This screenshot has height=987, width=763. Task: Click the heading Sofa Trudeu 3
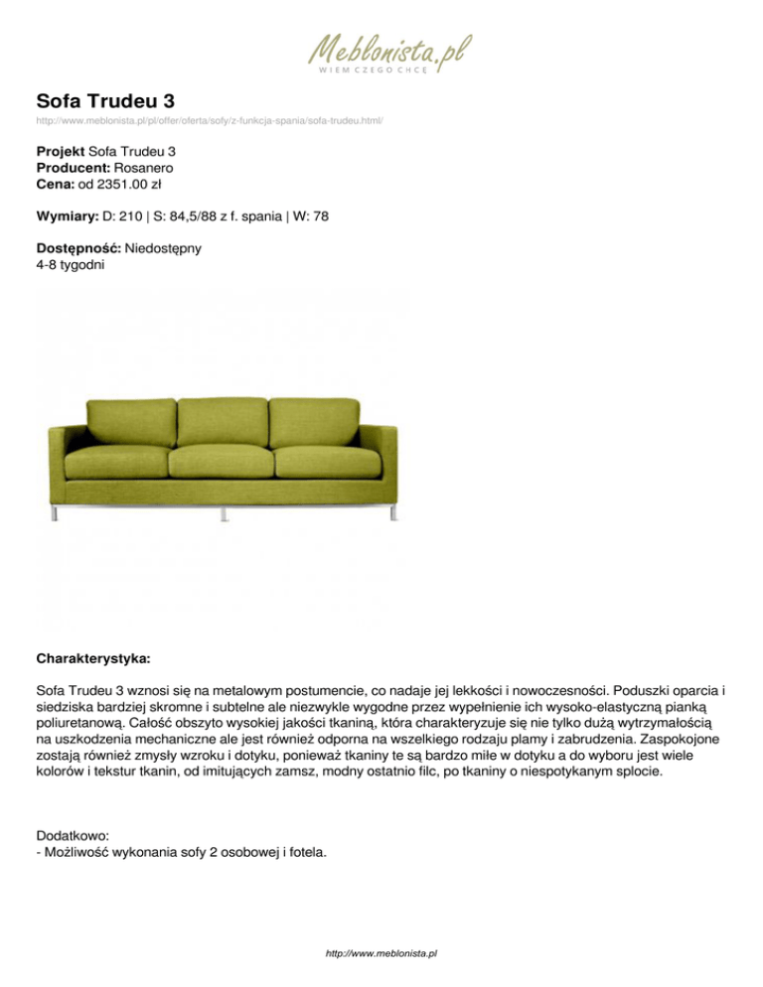point(106,101)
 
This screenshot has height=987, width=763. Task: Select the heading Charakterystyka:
point(93,658)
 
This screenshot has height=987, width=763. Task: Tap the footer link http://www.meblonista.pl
point(381,953)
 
